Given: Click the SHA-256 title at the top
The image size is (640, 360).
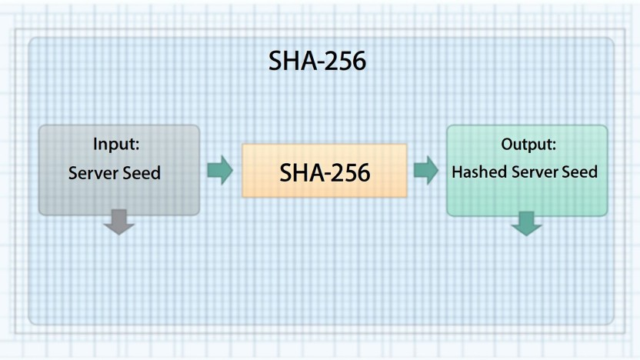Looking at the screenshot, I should (x=317, y=62).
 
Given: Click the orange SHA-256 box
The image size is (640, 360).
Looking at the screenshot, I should (x=324, y=171).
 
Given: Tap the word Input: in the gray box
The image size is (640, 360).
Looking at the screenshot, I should (x=116, y=144).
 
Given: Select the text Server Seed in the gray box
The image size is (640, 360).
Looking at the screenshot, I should (x=115, y=172).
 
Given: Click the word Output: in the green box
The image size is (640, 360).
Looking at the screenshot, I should (x=528, y=144).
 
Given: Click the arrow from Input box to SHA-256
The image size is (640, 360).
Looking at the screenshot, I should (x=220, y=170).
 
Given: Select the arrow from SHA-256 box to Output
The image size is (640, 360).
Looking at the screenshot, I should (x=426, y=170).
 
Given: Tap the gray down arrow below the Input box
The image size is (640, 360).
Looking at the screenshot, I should (x=118, y=222).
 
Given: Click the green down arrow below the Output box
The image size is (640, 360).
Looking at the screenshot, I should (x=526, y=224).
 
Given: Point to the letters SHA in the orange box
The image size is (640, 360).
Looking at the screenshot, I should (x=297, y=172).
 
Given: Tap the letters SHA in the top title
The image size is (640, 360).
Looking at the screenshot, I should (x=289, y=62).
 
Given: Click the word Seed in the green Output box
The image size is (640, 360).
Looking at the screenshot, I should (x=580, y=172).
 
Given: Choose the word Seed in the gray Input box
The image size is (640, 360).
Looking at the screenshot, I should (x=142, y=172).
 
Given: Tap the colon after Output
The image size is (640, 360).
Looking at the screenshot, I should (x=553, y=145).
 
